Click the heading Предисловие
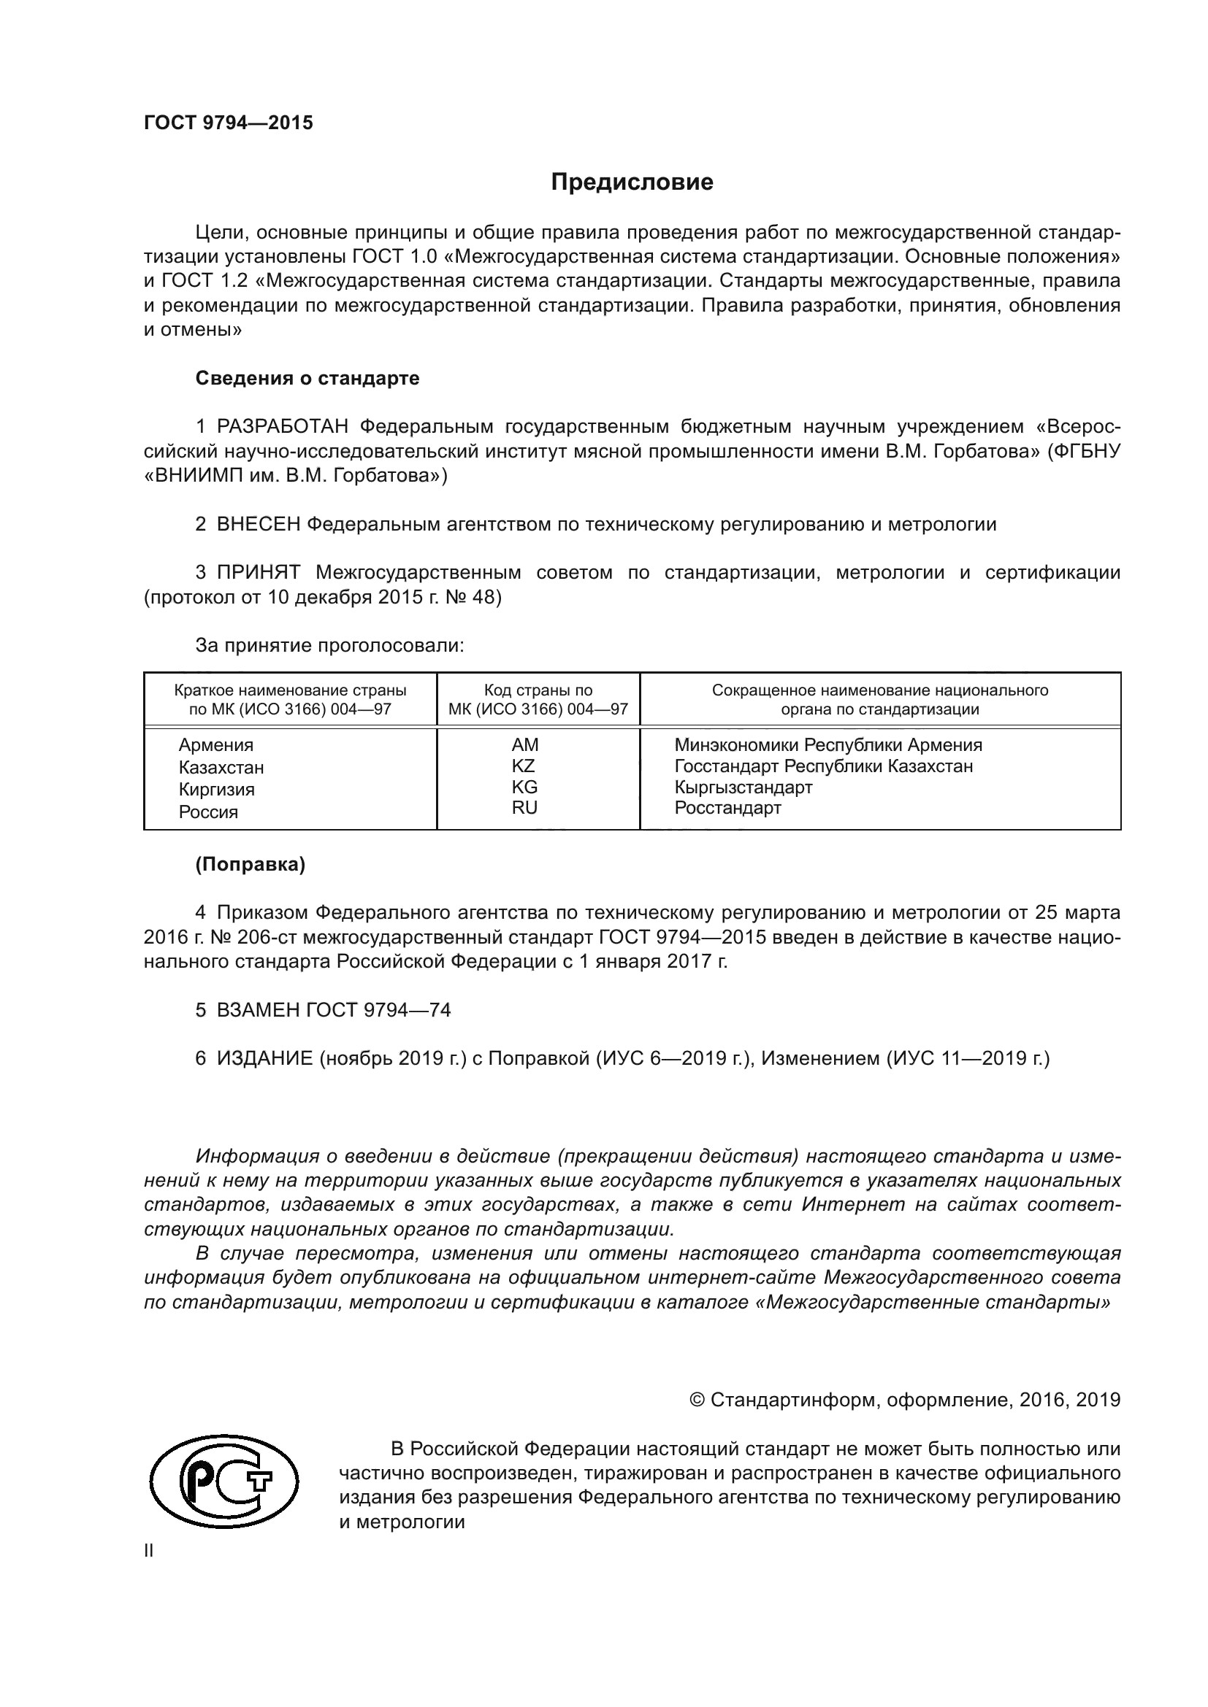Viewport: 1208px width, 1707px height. click(x=632, y=182)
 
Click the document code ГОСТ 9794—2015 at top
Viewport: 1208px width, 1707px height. click(x=229, y=123)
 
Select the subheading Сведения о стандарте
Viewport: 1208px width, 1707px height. click(x=307, y=379)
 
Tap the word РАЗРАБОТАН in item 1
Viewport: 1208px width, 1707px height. click(x=283, y=427)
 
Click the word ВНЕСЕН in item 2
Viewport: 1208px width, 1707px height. click(x=258, y=525)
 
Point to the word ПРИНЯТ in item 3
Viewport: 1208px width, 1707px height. click(x=258, y=573)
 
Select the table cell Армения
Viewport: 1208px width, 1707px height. click(x=215, y=746)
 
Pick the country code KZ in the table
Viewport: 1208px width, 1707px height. click(x=524, y=766)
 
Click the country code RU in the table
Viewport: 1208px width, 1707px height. click(x=524, y=808)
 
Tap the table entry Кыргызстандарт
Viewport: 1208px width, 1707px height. click(x=743, y=787)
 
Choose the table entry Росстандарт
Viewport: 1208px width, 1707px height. click(x=727, y=808)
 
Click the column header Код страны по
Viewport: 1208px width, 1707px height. click(x=538, y=690)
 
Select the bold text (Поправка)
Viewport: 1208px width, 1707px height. click(x=250, y=865)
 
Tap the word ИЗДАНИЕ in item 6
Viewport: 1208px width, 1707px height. click(x=265, y=1059)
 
